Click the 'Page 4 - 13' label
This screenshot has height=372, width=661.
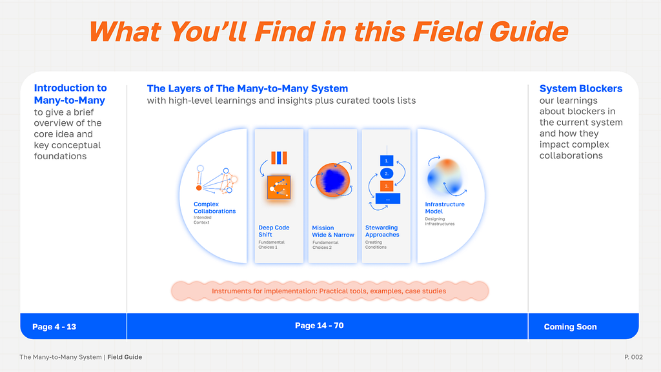pyautogui.click(x=54, y=327)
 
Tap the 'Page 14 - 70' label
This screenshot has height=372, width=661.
pyautogui.click(x=319, y=326)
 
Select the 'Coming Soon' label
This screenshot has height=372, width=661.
pyautogui.click(x=570, y=327)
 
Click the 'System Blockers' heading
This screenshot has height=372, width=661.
pyautogui.click(x=580, y=88)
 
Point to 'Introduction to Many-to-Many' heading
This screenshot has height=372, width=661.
pyautogui.click(x=70, y=94)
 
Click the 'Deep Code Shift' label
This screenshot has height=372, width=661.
pyautogui.click(x=274, y=231)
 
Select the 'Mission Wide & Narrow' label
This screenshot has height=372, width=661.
pyautogui.click(x=332, y=231)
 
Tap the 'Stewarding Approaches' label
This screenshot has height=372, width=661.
pyautogui.click(x=382, y=231)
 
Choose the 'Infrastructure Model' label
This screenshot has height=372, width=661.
pyautogui.click(x=444, y=208)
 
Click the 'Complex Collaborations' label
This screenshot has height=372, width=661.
pyautogui.click(x=214, y=208)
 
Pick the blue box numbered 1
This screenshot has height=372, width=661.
pyautogui.click(x=387, y=161)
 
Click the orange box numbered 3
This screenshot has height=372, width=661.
pyautogui.click(x=387, y=186)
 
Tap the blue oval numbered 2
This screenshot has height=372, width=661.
pyautogui.click(x=387, y=173)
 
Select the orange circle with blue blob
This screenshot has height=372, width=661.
pyautogui.click(x=332, y=180)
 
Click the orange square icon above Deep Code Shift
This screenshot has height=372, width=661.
pyautogui.click(x=279, y=187)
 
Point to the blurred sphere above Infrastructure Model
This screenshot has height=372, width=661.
pyautogui.click(x=445, y=177)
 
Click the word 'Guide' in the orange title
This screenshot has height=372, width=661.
pyautogui.click(x=529, y=32)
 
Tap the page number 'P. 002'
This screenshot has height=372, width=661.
pyautogui.click(x=634, y=357)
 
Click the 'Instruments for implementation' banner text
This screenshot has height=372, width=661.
pyautogui.click(x=329, y=291)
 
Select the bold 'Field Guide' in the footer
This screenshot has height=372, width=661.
pyautogui.click(x=125, y=357)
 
